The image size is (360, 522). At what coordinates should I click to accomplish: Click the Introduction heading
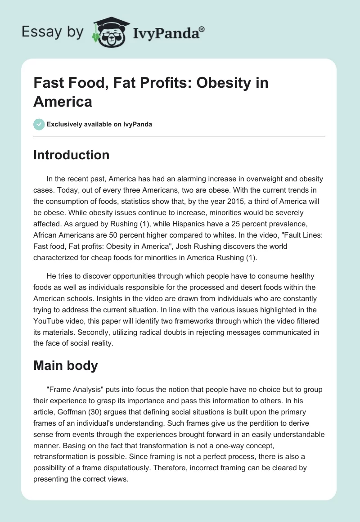[x=71, y=155]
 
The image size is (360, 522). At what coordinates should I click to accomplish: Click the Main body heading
[x=65, y=365]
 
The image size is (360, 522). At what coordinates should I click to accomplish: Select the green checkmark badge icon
[x=39, y=124]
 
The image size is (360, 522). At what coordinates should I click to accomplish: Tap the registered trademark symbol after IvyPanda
[x=202, y=29]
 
